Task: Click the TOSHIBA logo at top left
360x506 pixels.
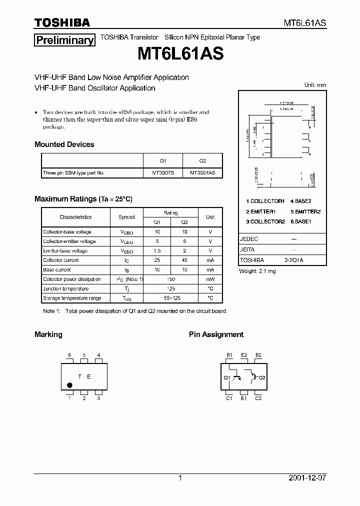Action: (62, 22)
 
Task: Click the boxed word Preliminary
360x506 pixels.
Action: (64, 40)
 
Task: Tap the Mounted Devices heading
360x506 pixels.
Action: (64, 144)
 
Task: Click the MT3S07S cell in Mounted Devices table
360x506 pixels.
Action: (163, 173)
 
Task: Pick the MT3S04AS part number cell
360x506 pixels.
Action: (202, 173)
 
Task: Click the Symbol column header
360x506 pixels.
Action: (126, 217)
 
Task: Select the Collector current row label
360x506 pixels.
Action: (60, 260)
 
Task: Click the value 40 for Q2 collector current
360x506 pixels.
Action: (184, 260)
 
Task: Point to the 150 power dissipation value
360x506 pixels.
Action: (170, 279)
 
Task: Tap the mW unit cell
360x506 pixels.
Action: (210, 279)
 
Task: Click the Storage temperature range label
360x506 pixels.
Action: (72, 298)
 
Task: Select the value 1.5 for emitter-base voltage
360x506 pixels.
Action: (156, 251)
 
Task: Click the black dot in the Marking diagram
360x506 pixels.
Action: (69, 385)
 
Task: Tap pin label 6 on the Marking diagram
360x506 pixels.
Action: (69, 355)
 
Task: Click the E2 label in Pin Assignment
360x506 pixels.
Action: (244, 355)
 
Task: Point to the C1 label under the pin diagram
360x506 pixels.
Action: (229, 398)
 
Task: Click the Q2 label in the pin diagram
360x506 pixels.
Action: (262, 377)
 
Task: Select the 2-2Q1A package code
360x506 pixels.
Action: (294, 260)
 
